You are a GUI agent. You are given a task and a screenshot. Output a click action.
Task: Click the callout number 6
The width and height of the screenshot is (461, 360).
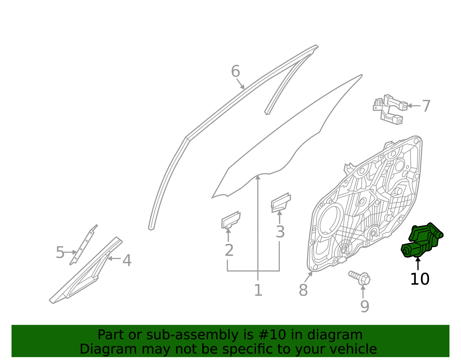tap(235, 71)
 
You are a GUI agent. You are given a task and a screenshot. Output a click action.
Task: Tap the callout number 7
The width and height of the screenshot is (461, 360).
tap(426, 106)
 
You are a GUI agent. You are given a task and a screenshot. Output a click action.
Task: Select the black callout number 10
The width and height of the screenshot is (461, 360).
tap(420, 279)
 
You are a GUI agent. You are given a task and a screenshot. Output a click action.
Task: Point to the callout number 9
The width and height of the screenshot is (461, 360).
tap(364, 306)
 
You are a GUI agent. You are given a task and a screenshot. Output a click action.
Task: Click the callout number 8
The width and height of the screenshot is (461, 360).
tap(303, 290)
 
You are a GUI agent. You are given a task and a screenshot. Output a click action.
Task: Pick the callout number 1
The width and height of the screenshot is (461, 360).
tap(258, 290)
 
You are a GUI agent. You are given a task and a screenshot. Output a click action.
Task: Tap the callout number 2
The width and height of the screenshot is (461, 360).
tap(229, 250)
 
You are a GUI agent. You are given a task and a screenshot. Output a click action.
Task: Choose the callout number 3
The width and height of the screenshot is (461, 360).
tap(280, 232)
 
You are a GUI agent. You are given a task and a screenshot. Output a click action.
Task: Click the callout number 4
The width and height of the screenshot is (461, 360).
tap(127, 260)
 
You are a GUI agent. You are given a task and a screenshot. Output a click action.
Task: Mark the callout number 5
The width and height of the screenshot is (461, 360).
tap(60, 252)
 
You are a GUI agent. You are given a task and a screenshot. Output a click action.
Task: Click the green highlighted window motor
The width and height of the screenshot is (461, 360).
tap(422, 240)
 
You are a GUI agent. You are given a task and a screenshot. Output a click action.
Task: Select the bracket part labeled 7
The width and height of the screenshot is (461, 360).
tap(390, 109)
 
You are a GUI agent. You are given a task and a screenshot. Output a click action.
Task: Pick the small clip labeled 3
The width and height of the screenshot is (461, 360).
tap(280, 202)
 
